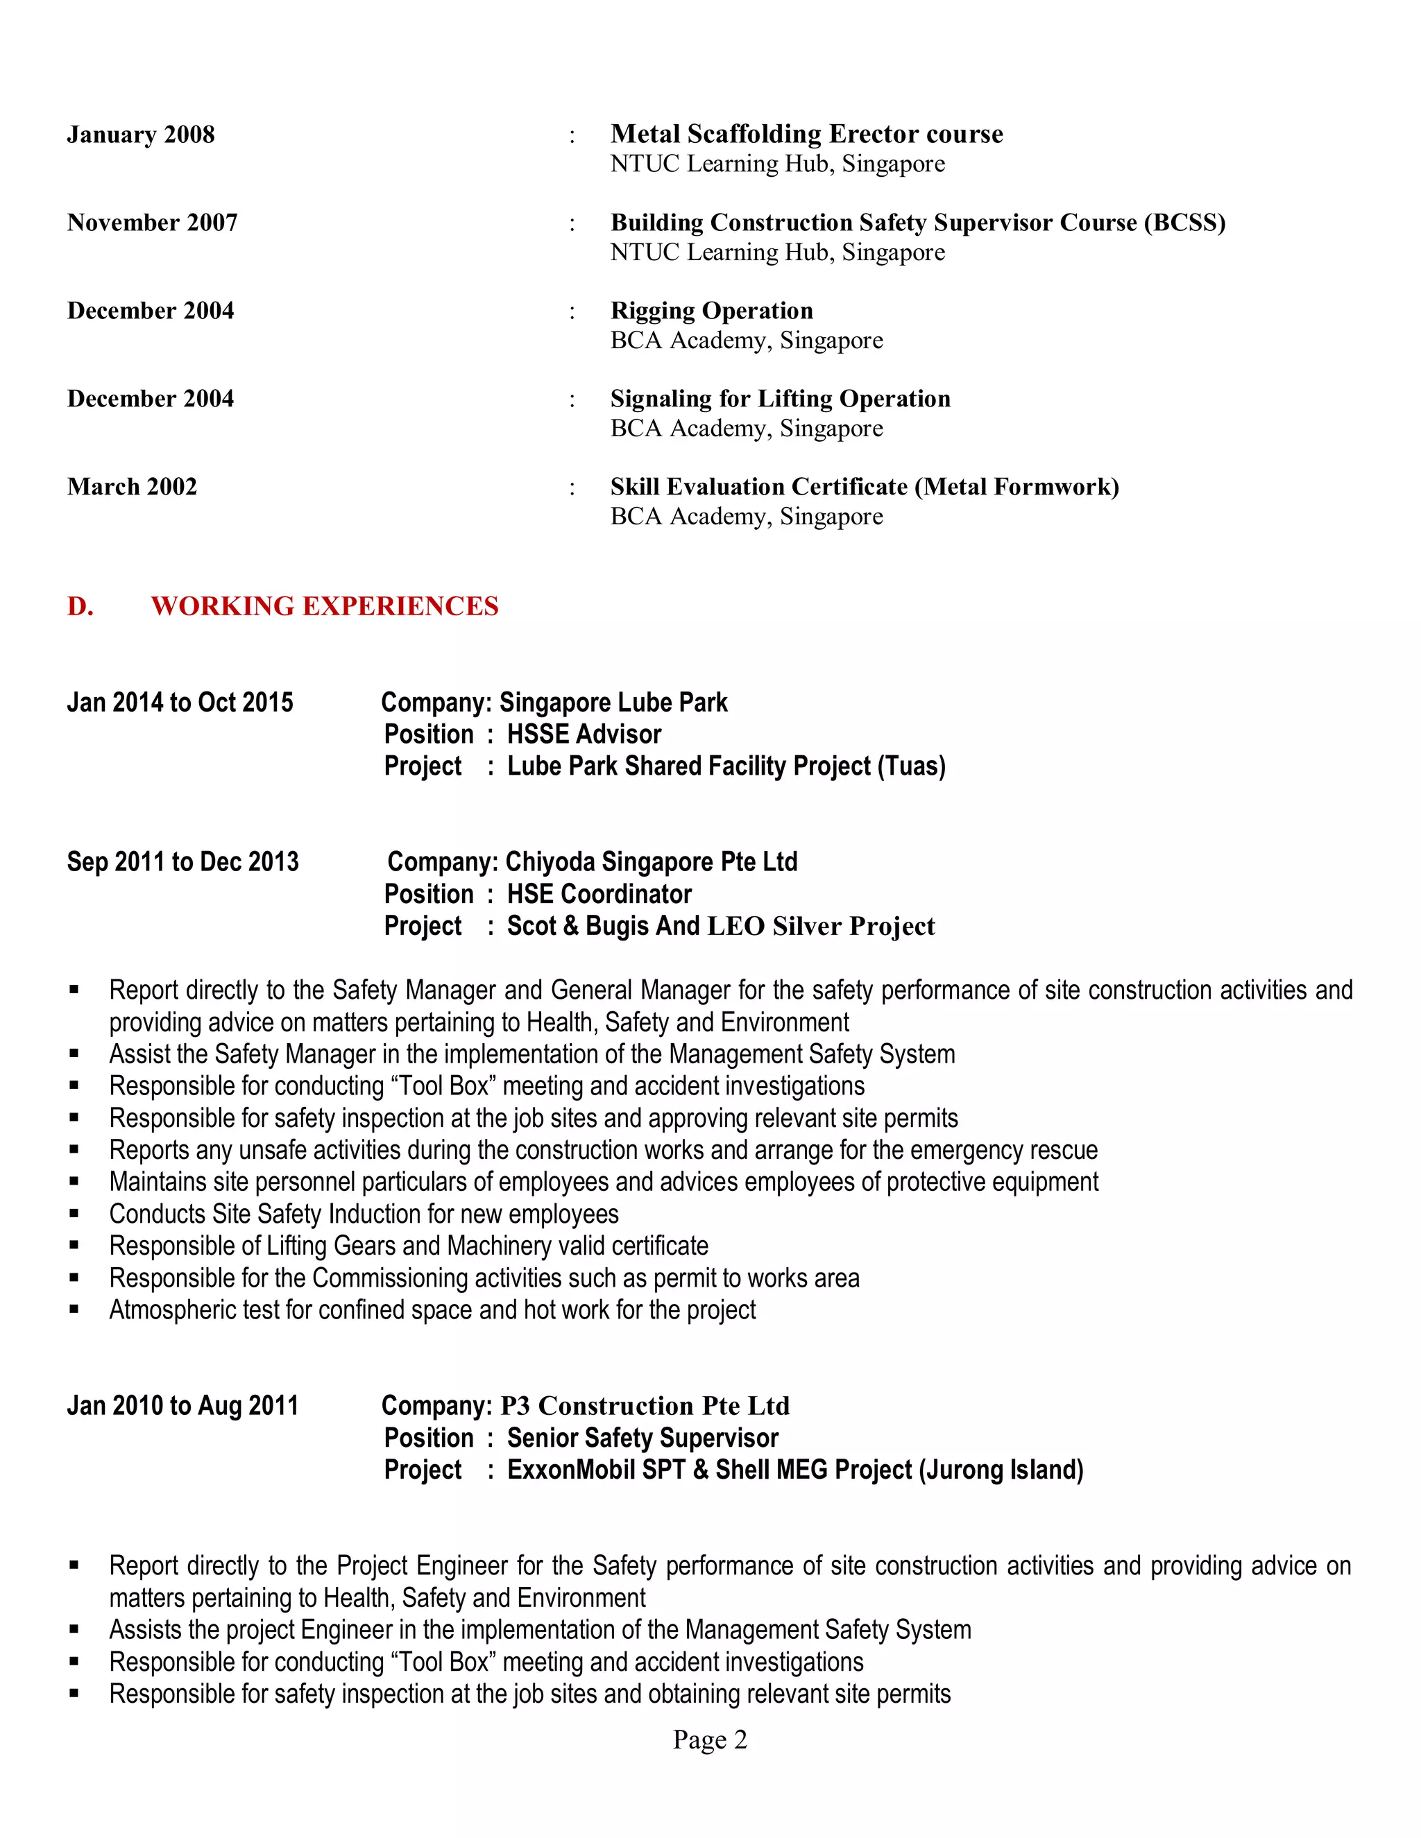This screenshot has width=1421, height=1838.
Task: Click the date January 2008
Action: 141,135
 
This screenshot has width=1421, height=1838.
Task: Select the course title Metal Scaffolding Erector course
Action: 806,134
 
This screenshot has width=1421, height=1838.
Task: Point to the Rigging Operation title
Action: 711,311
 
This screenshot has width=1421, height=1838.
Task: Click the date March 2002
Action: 132,486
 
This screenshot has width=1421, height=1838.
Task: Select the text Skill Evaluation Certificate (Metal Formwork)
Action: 864,486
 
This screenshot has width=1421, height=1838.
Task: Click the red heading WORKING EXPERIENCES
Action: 324,606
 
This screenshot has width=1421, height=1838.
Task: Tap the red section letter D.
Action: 80,606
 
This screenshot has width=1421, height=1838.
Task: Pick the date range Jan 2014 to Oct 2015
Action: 180,702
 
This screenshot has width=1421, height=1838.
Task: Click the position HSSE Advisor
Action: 584,734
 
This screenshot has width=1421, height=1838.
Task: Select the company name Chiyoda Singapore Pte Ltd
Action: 651,861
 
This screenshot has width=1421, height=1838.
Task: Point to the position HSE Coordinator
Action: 599,894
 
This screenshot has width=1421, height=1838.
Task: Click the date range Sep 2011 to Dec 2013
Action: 182,861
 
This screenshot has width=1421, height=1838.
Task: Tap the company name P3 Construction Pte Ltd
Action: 645,1405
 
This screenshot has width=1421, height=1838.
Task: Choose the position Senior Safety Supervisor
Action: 643,1437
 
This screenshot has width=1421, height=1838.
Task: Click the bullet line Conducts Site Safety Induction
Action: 364,1214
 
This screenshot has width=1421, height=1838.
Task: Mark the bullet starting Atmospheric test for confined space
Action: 432,1309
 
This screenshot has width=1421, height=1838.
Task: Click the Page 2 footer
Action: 710,1739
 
